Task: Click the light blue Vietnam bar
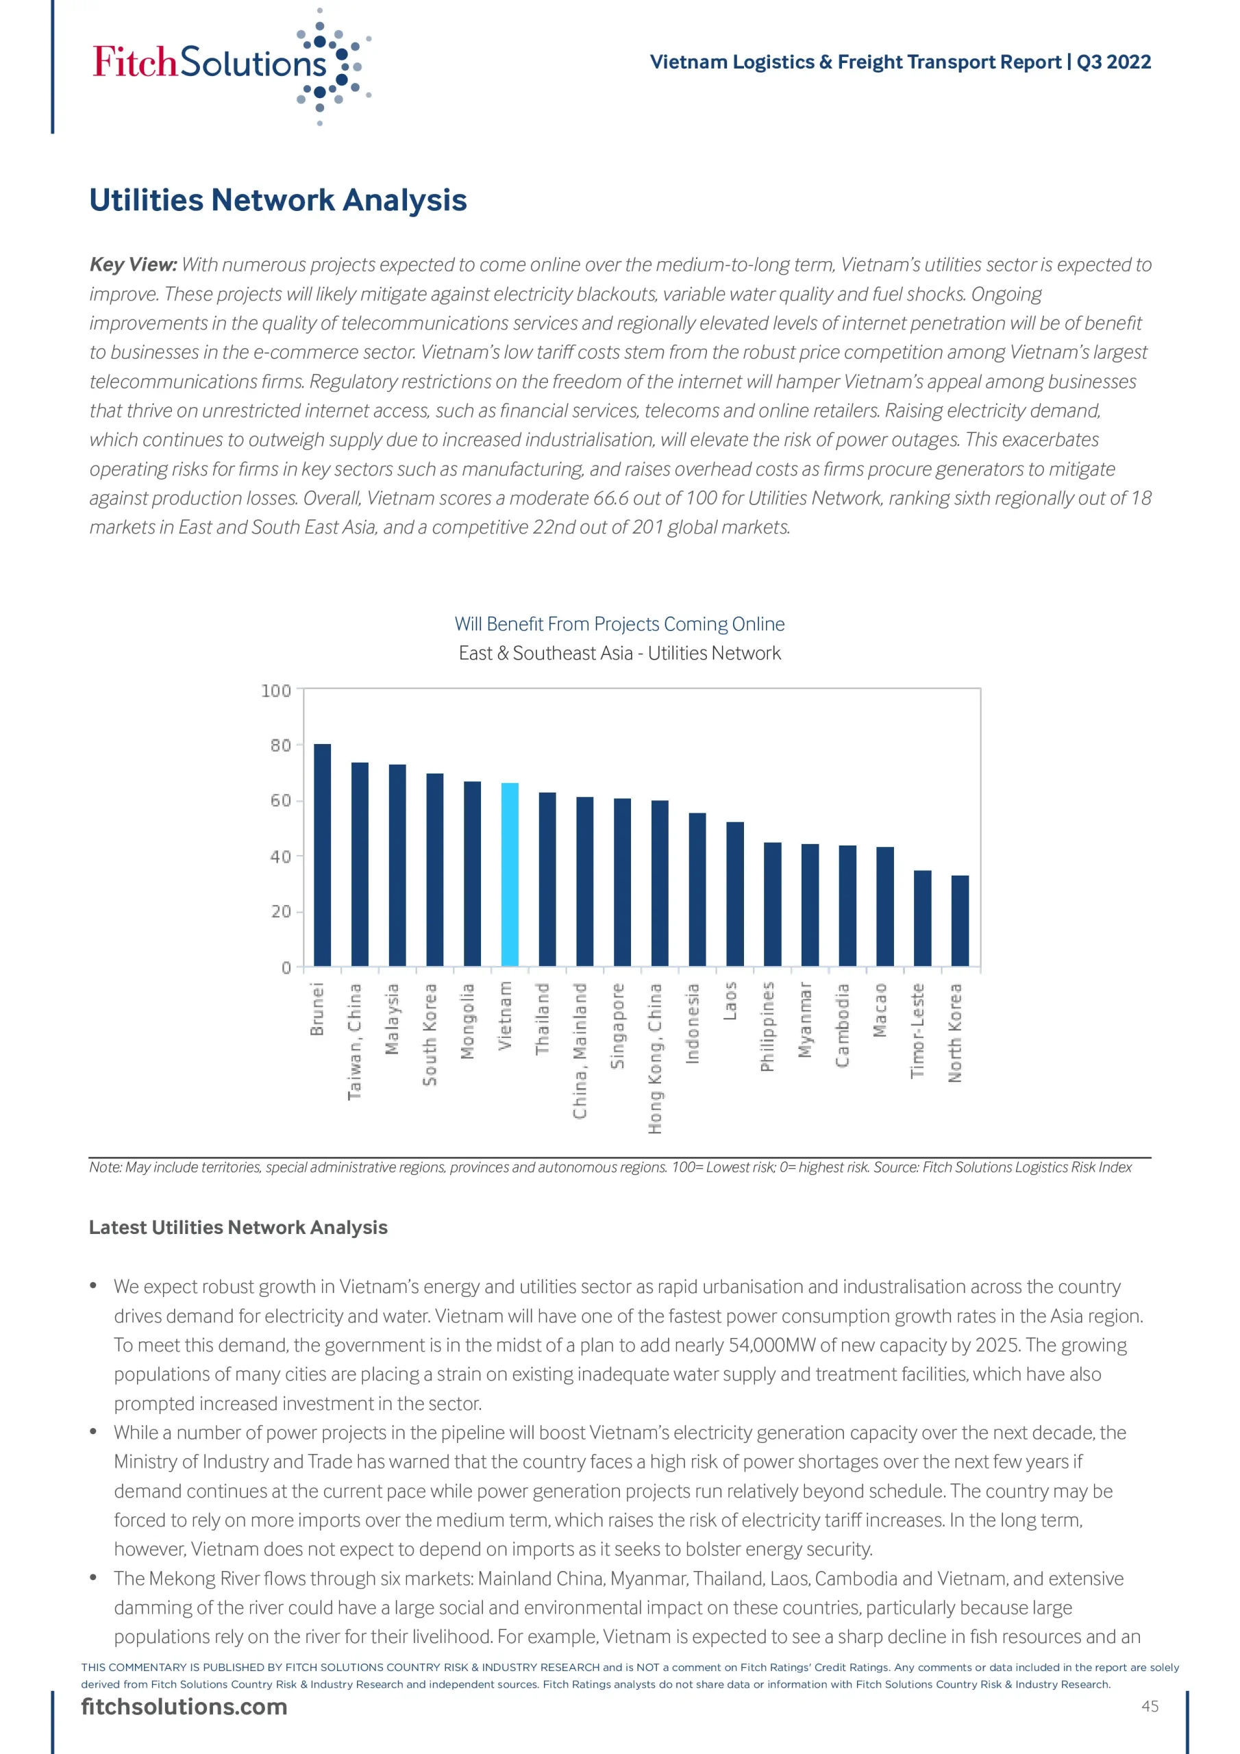510,874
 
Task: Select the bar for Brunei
323,855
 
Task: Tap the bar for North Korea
960,921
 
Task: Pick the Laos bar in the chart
735,894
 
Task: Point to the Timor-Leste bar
922,918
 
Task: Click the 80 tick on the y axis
280,745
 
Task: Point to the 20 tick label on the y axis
280,912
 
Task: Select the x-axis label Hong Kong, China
656,1058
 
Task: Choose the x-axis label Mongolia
468,1022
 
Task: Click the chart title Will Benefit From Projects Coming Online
619,624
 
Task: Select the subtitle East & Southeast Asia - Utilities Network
619,653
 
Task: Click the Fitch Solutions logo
230,65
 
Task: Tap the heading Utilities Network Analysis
278,200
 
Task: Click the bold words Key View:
134,265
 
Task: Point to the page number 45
1150,1706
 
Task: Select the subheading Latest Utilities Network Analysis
238,1228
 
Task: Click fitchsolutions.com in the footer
184,1707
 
